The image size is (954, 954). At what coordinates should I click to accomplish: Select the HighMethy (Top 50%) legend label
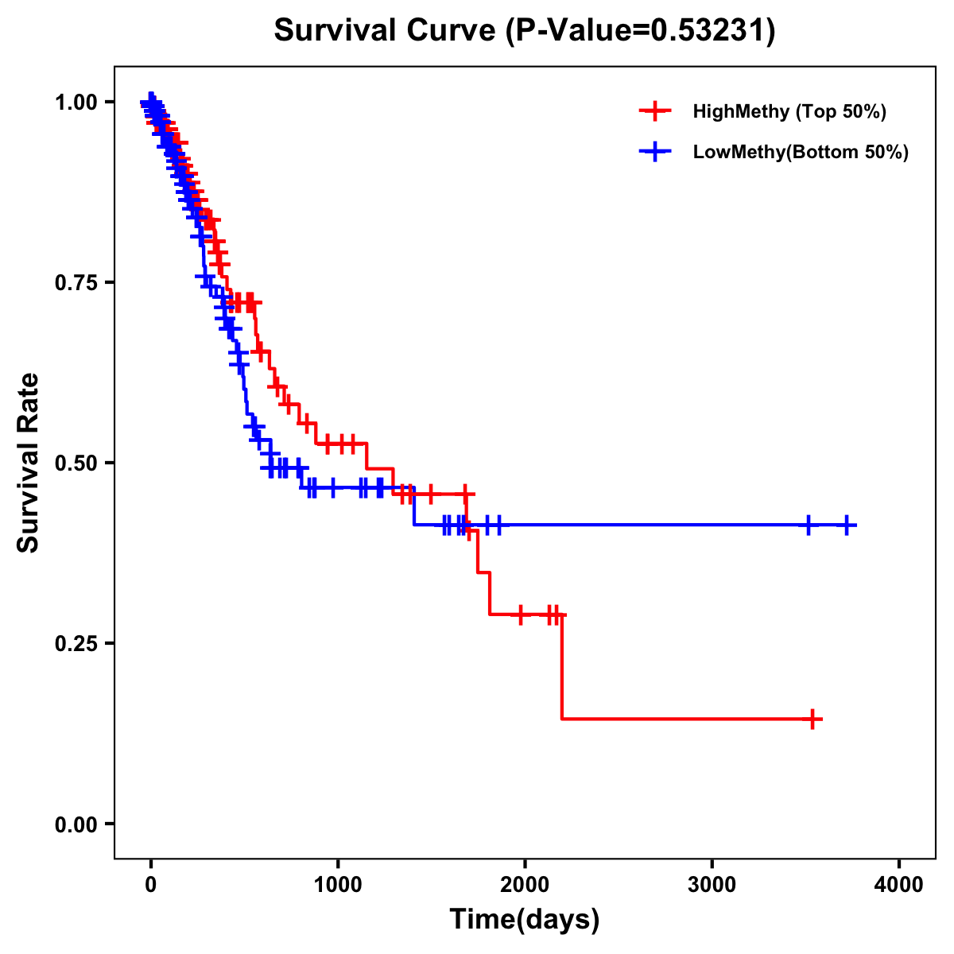tap(789, 111)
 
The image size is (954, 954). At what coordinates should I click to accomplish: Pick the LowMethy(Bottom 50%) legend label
tap(801, 153)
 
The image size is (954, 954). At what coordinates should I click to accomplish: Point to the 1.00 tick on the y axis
tap(76, 102)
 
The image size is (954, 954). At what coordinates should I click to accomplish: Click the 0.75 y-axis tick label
tap(76, 282)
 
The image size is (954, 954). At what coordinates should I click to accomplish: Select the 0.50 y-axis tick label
tap(76, 463)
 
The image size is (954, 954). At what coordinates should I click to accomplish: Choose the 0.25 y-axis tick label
tap(76, 643)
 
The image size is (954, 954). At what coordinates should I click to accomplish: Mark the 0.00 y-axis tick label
tap(76, 824)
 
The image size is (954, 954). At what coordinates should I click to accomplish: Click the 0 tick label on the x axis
tap(150, 884)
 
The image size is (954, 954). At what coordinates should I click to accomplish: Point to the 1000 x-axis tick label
tap(338, 884)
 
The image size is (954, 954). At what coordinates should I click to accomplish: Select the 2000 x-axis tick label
tap(525, 884)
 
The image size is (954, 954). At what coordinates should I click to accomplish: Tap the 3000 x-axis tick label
tap(712, 884)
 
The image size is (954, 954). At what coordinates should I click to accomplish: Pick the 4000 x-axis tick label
tap(899, 884)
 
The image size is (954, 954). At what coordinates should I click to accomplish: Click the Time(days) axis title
tap(525, 920)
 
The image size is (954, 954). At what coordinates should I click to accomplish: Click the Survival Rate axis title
tap(29, 463)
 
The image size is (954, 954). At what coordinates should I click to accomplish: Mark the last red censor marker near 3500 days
tap(812, 719)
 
